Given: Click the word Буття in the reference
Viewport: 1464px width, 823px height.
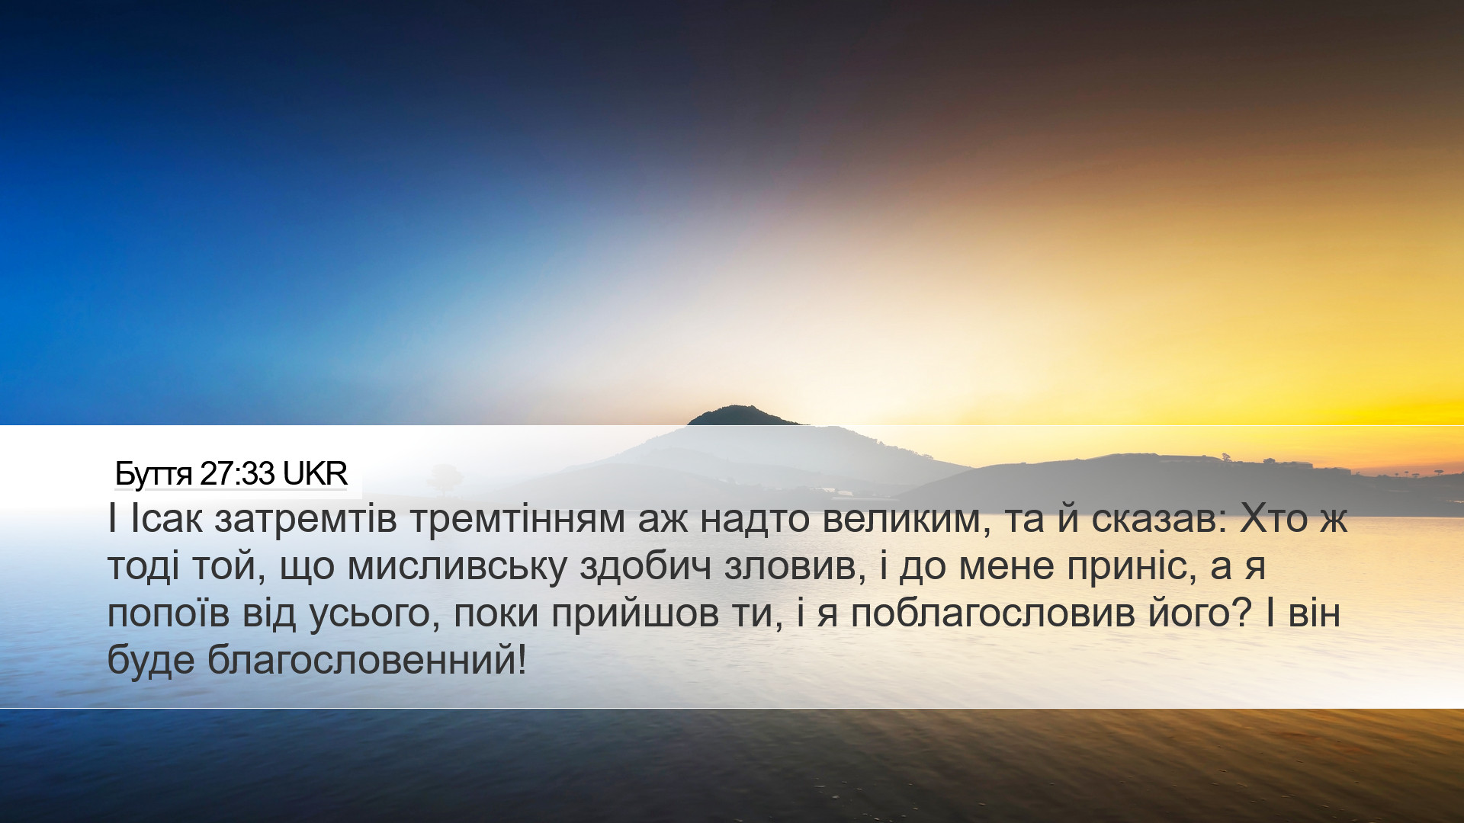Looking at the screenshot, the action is pyautogui.click(x=153, y=474).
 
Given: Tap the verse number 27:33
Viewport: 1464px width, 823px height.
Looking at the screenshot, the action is pyautogui.click(x=237, y=474).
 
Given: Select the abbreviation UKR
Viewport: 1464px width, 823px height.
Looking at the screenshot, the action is pyautogui.click(x=315, y=474).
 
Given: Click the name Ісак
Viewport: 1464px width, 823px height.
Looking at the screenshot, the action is pyautogui.click(x=167, y=519).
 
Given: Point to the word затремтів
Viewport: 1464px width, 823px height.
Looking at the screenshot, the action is pyautogui.click(x=306, y=519).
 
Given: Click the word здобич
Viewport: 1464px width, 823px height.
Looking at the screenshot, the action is pyautogui.click(x=646, y=566).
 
